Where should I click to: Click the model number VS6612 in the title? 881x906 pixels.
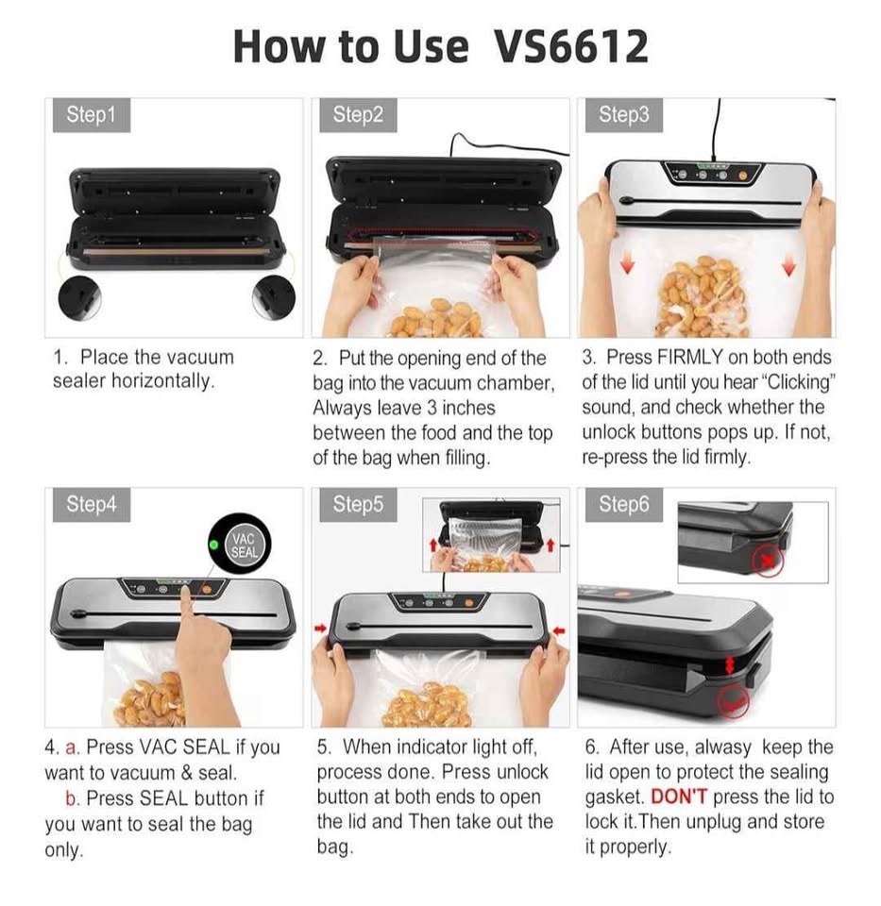coord(570,46)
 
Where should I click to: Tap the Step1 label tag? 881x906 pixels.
coord(92,115)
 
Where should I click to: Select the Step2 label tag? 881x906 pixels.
coord(358,115)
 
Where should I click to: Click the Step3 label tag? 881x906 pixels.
coord(624,115)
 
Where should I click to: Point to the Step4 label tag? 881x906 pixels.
coord(92,504)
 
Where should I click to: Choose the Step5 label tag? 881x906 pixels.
coord(358,504)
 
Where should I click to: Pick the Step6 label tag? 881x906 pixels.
coord(624,504)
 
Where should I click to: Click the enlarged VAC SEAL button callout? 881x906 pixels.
coord(239,544)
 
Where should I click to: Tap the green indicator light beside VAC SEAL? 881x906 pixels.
coord(214,545)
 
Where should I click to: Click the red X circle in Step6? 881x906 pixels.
coord(768,561)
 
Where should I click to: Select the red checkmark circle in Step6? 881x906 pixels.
coord(733,702)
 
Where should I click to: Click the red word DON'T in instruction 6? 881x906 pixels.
coord(679,797)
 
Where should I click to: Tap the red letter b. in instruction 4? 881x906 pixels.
coord(73,798)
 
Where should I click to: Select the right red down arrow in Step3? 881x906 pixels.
coord(788,265)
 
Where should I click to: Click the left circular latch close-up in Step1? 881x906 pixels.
coord(79,297)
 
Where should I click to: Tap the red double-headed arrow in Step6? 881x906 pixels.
coord(730,665)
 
